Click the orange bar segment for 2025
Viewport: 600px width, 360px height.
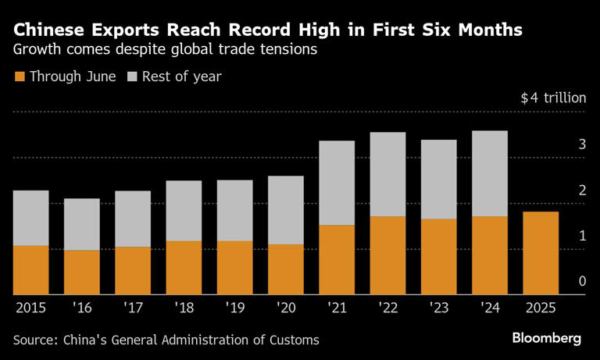(x=540, y=253)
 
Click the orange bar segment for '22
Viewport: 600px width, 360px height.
(x=387, y=255)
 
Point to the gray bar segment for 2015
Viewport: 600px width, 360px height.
(x=30, y=218)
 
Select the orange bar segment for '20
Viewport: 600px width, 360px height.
(x=285, y=269)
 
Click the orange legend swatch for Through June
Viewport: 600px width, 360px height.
(x=20, y=77)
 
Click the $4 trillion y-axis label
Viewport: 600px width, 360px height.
(x=552, y=98)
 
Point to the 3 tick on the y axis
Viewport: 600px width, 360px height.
(x=581, y=144)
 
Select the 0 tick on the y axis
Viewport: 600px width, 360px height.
(x=581, y=281)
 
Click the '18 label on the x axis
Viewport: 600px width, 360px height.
(x=184, y=308)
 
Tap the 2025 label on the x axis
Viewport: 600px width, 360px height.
(x=540, y=308)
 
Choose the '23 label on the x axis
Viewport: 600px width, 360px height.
(x=438, y=308)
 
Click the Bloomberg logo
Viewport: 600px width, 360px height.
(x=547, y=339)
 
